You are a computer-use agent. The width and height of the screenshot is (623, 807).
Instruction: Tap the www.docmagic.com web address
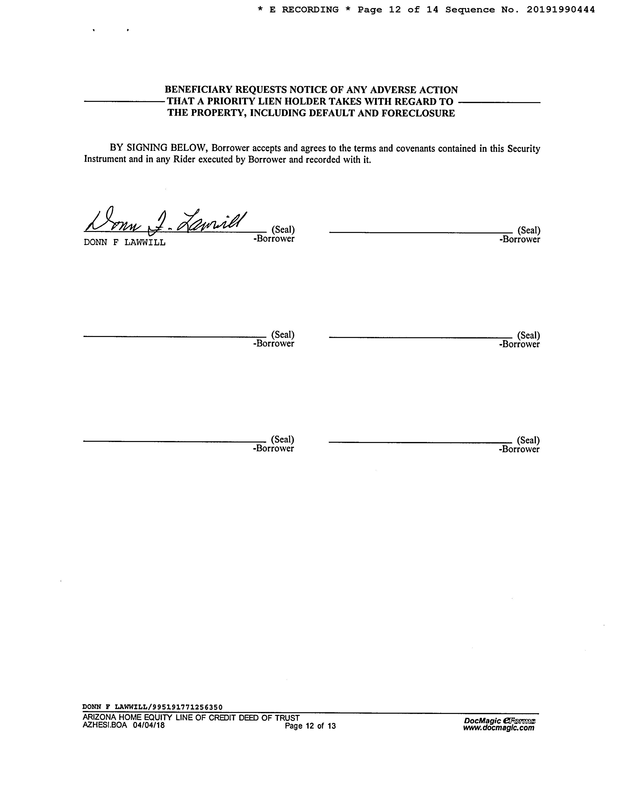[498, 728]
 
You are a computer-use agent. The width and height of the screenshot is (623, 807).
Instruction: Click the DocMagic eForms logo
[499, 721]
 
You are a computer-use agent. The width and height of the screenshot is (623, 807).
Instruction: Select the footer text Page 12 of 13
[310, 726]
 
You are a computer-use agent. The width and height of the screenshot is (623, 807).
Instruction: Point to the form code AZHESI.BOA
[105, 725]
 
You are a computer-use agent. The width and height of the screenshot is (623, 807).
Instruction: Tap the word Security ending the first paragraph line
[523, 149]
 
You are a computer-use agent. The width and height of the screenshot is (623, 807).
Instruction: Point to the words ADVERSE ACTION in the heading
[414, 90]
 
